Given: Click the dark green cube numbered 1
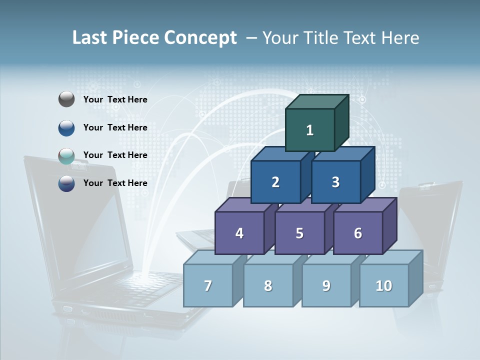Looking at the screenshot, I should point(310,130).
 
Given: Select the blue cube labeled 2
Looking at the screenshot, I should point(275,182).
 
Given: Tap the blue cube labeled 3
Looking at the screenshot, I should point(335,182).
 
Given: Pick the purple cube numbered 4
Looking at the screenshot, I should point(239,233).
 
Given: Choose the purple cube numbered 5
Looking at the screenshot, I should point(299,233).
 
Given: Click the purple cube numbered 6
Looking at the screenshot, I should point(358,233).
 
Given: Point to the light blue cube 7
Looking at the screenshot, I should point(208,285).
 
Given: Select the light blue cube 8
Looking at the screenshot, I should point(268,285).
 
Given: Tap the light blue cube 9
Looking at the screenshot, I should point(326,285).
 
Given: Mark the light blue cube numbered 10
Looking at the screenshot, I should point(384,285).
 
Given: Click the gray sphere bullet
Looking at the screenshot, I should point(66,99).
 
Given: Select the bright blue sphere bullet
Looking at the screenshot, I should point(66,127).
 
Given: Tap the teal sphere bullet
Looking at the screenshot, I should point(66,155).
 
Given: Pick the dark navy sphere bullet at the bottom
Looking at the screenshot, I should point(66,183).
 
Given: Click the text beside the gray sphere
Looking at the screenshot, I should point(115,99).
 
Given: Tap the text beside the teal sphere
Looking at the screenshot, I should point(115,155).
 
